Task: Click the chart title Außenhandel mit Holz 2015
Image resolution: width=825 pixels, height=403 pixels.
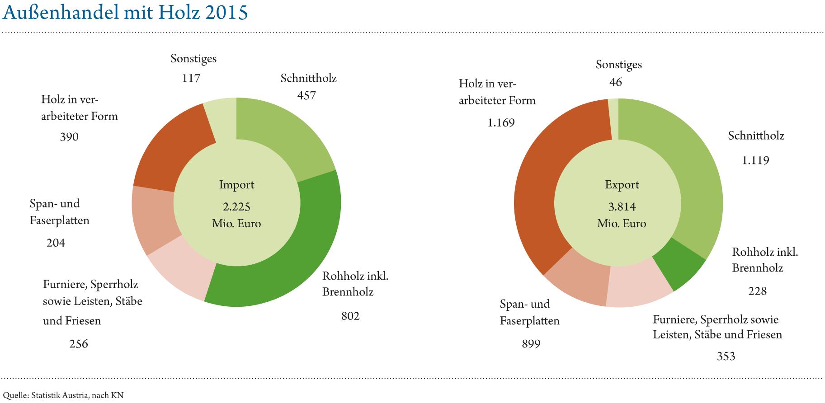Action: (x=125, y=13)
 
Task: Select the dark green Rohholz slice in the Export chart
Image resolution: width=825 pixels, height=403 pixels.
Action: (x=680, y=264)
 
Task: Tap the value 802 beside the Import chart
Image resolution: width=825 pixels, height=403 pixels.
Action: (x=350, y=316)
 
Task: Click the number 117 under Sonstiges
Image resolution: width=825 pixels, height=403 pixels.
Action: (x=191, y=79)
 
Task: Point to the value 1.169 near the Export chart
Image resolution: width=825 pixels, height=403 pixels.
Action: (x=501, y=123)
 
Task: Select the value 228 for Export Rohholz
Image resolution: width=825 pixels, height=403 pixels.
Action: (x=757, y=291)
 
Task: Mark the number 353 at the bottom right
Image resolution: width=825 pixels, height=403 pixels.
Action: (x=726, y=356)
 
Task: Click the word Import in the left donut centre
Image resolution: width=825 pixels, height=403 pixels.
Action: (x=236, y=185)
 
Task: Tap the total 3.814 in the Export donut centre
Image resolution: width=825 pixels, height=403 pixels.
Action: (x=622, y=207)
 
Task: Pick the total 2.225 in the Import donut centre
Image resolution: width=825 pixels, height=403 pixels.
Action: (x=236, y=207)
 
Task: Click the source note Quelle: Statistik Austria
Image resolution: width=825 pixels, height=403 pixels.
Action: (x=63, y=395)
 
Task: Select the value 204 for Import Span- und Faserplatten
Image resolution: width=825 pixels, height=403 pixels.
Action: (x=56, y=243)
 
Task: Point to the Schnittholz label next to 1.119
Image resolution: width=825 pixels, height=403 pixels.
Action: (x=756, y=136)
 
